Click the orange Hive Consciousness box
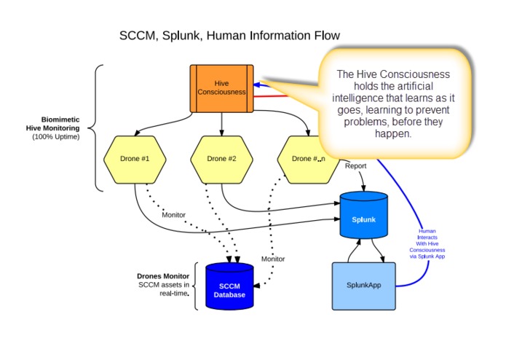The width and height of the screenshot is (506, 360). pyautogui.click(x=222, y=88)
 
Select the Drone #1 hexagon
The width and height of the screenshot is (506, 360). pyautogui.click(x=135, y=158)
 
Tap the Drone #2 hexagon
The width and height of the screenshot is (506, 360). pyautogui.click(x=221, y=158)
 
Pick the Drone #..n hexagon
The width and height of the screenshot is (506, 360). pyautogui.click(x=307, y=158)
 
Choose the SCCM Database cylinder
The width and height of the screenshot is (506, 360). pyautogui.click(x=230, y=285)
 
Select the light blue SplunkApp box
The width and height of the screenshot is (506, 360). pyautogui.click(x=364, y=285)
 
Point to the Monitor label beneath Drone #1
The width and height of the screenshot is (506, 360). pyautogui.click(x=174, y=214)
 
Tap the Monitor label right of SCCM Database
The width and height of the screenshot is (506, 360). pyautogui.click(x=273, y=259)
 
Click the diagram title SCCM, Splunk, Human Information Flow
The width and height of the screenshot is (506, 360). pyautogui.click(x=229, y=35)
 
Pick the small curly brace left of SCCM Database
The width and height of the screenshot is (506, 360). pyautogui.click(x=196, y=285)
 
